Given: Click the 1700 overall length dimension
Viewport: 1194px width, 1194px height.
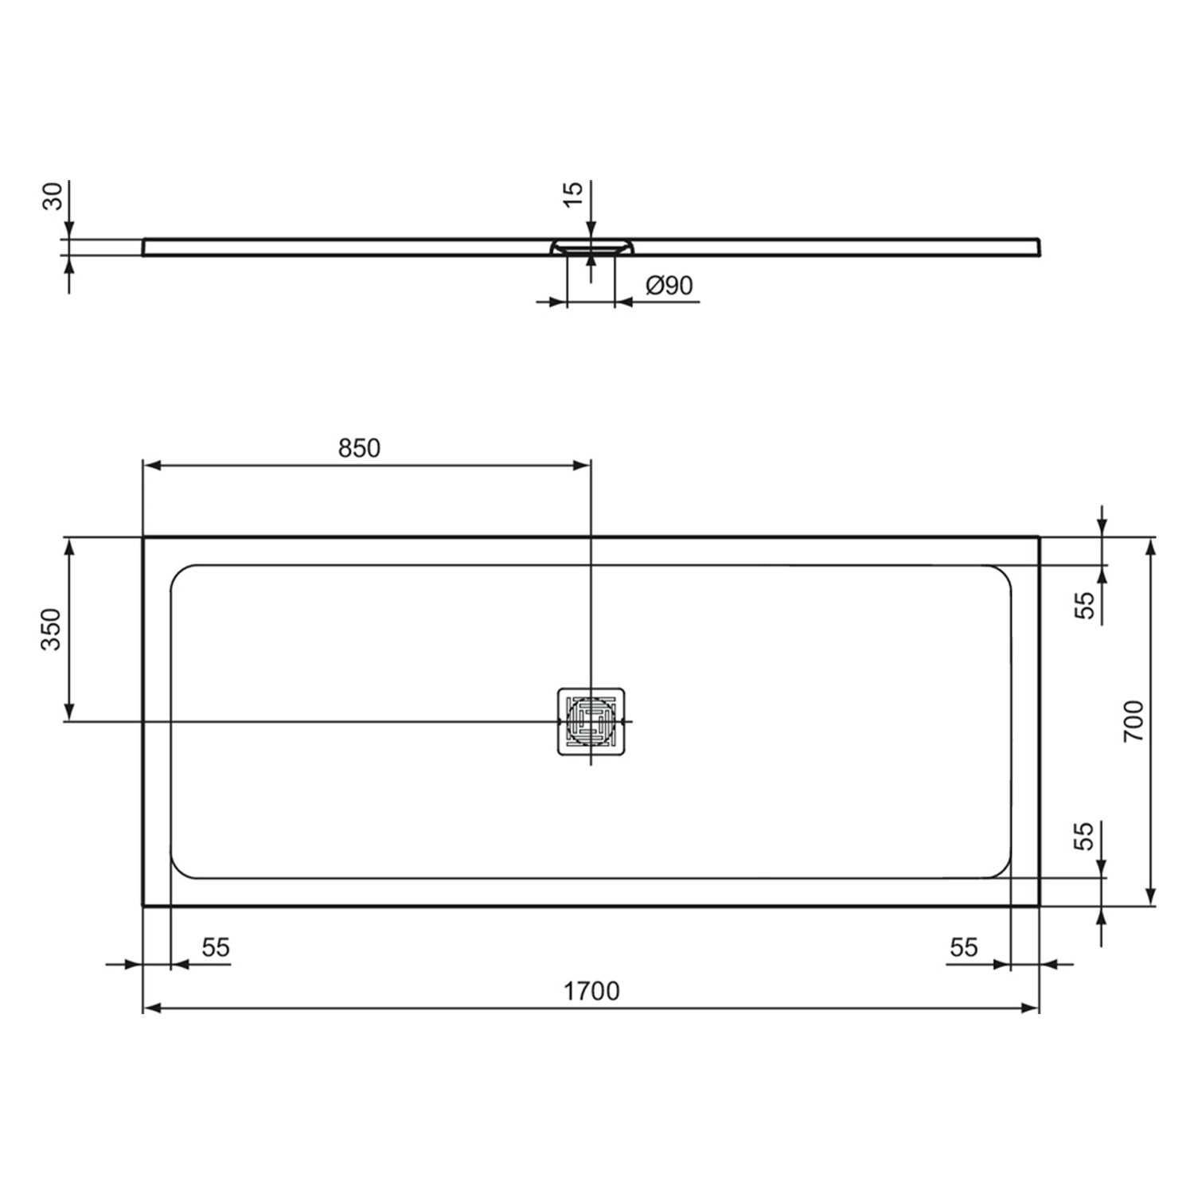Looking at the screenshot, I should pyautogui.click(x=591, y=991).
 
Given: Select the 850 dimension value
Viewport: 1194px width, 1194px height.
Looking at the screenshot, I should pyautogui.click(x=359, y=448).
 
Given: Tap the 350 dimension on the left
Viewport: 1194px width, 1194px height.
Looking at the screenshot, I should pyautogui.click(x=51, y=629).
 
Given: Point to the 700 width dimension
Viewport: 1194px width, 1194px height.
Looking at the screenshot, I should pyautogui.click(x=1133, y=721).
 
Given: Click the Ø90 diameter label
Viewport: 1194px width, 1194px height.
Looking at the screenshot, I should pyautogui.click(x=669, y=285).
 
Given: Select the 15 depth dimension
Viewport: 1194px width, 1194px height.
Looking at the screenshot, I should pyautogui.click(x=573, y=194).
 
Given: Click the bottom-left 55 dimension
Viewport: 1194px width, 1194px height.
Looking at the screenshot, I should pyautogui.click(x=215, y=947).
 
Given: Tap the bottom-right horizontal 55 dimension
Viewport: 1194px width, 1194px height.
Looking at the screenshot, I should pyautogui.click(x=963, y=947).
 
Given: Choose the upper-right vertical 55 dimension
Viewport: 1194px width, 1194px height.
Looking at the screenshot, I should pyautogui.click(x=1085, y=605).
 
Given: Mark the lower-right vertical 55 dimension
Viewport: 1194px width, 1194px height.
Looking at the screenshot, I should pyautogui.click(x=1083, y=836).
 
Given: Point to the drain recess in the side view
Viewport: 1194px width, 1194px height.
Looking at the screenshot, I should pyautogui.click(x=591, y=247).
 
